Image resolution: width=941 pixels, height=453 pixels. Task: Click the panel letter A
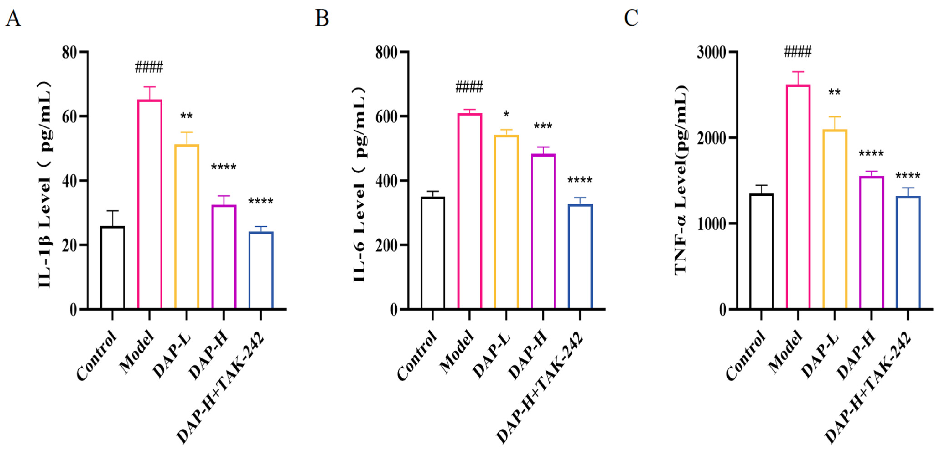[x=13, y=18]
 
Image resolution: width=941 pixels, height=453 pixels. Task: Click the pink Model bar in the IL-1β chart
[x=149, y=204]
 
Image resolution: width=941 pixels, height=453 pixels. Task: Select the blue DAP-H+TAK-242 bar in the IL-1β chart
[x=261, y=270]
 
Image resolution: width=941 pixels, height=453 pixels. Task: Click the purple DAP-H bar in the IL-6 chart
[x=543, y=232]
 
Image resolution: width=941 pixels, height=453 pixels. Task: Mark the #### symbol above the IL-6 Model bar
[x=469, y=87]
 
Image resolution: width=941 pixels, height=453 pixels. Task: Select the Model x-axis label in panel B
[x=457, y=352]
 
